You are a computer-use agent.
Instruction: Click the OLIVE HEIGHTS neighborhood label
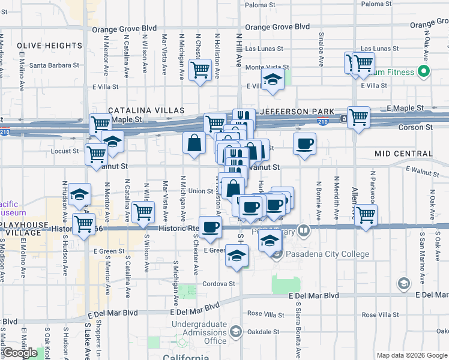coord(49,46)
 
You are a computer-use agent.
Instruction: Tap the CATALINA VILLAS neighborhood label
coord(146,111)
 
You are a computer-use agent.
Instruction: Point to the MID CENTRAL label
coord(403,154)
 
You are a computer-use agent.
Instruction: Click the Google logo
coord(20,353)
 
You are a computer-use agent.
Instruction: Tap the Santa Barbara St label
coord(54,65)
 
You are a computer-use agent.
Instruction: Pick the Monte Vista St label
coord(267,67)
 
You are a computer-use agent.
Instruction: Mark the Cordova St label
coord(218,283)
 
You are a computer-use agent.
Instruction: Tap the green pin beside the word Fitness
coord(424,72)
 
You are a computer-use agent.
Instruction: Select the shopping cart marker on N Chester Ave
coord(200,70)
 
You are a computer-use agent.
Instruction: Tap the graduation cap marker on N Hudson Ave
coord(79,194)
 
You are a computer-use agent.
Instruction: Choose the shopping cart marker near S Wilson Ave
coord(143,212)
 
